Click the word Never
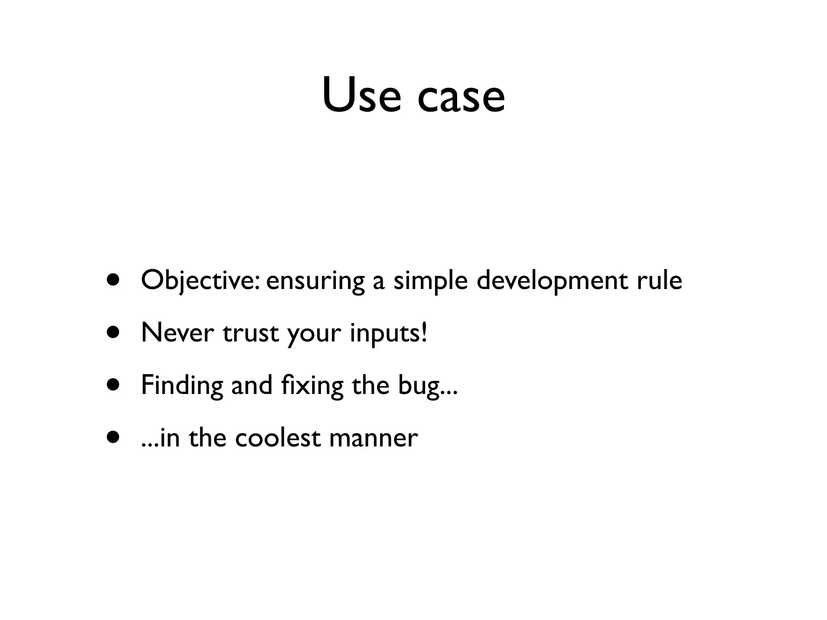coord(177,333)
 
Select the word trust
coord(251,333)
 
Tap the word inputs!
coord(388,333)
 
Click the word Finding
coord(182,385)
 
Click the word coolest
coord(278,438)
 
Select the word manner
coord(374,438)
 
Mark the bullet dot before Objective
coord(113,280)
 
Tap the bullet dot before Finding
coord(113,384)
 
